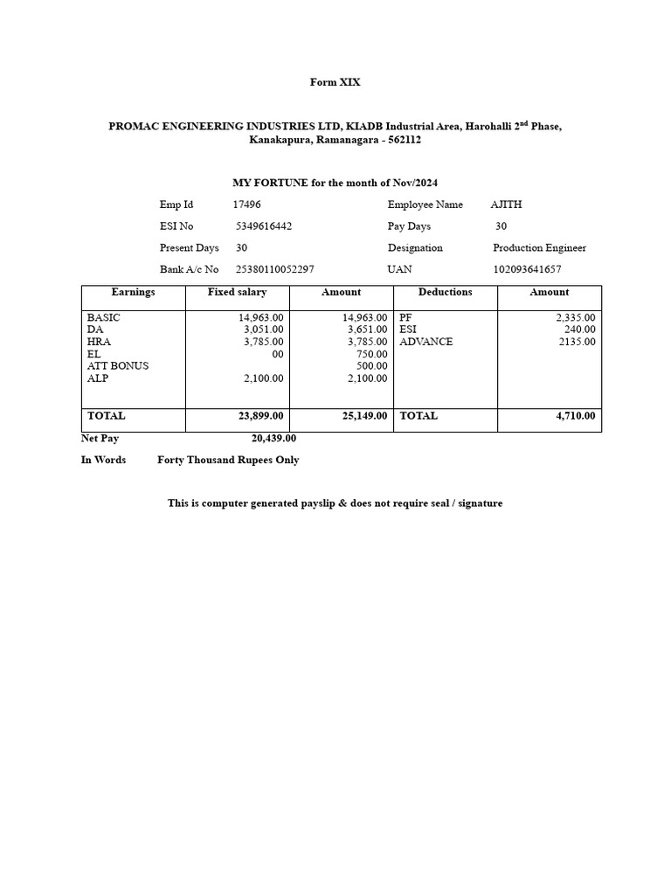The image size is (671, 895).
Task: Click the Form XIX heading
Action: [x=335, y=82]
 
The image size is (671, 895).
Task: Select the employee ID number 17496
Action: [x=246, y=205]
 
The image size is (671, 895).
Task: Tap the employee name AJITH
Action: [x=506, y=205]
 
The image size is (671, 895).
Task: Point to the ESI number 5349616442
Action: [x=264, y=226]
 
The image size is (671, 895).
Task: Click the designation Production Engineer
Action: [x=539, y=248]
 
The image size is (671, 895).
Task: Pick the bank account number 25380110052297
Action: [x=273, y=269]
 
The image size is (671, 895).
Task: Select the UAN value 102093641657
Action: [x=527, y=269]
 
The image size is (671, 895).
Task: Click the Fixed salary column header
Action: [x=237, y=292]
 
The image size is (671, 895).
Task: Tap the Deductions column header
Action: [x=445, y=292]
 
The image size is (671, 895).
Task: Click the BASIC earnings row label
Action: [x=103, y=317]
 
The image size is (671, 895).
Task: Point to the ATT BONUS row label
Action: [x=117, y=366]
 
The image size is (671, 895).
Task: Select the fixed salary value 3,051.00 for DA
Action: [x=263, y=330]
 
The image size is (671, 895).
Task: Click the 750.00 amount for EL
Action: [x=371, y=354]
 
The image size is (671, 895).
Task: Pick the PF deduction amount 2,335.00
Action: [x=576, y=317]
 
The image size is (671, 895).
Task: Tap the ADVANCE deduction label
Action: [x=425, y=342]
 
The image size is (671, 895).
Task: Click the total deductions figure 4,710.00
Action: [x=576, y=416]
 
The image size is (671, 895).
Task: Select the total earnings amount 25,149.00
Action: [x=364, y=416]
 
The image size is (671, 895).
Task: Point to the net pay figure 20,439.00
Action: [x=273, y=439]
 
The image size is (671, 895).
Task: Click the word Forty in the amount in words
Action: [x=172, y=460]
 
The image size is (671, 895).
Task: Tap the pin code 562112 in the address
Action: [x=405, y=140]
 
